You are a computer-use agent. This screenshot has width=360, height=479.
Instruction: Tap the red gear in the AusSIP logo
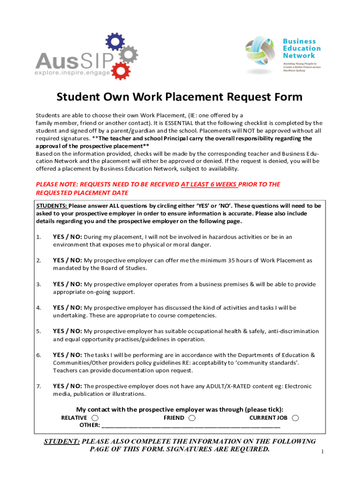(122, 70)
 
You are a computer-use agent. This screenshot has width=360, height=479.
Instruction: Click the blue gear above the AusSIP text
(114, 42)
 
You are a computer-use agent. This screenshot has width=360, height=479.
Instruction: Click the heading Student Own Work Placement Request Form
(180, 97)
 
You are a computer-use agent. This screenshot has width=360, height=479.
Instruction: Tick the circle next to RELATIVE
(95, 418)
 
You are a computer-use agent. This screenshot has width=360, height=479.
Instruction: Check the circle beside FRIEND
(191, 418)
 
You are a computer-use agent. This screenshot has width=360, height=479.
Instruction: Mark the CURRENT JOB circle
(295, 418)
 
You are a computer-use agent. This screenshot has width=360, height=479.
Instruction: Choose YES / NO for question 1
(67, 237)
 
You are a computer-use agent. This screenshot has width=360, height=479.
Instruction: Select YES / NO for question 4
(67, 307)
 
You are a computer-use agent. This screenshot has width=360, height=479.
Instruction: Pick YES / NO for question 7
(67, 386)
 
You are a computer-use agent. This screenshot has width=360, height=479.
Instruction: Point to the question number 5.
(38, 331)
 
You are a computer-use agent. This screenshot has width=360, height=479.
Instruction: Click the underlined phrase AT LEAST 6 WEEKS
(209, 184)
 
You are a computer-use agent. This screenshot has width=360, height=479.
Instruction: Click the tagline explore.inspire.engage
(72, 73)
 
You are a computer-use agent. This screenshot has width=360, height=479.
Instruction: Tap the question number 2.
(38, 260)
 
